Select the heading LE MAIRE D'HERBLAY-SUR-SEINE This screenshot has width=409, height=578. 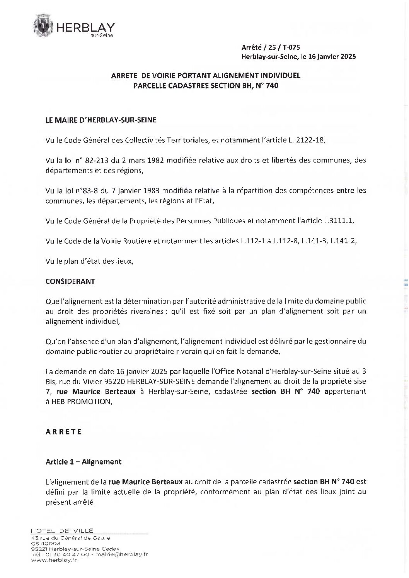pyautogui.click(x=101, y=120)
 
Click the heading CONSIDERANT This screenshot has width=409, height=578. pyautogui.click(x=70, y=281)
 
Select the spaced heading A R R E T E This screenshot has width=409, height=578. pyautogui.click(x=63, y=432)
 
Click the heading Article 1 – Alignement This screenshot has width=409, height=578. pyautogui.click(x=84, y=461)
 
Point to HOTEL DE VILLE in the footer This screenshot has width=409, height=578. pyautogui.click(x=62, y=531)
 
